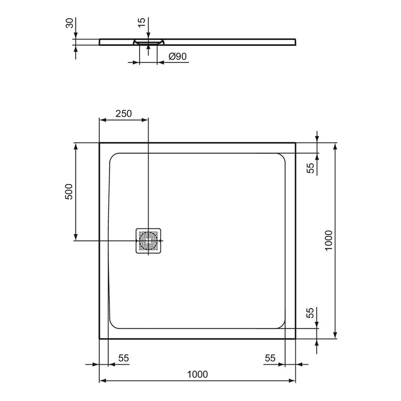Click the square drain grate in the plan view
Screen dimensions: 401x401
[x=149, y=241]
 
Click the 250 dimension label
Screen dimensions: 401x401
[x=124, y=113]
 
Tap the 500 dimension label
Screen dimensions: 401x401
[x=69, y=191]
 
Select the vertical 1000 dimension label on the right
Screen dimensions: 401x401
[x=329, y=240]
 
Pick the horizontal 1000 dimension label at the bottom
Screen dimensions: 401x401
[x=197, y=374]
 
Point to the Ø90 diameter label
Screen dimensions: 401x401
[x=178, y=57]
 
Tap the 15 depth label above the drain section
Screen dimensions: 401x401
[x=141, y=24]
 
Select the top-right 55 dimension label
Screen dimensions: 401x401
[x=310, y=168]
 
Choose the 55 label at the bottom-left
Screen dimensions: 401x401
[x=123, y=358]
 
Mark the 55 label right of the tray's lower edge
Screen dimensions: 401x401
[x=310, y=313]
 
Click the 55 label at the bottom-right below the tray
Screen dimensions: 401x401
[x=270, y=358]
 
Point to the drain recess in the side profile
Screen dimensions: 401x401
[x=149, y=42]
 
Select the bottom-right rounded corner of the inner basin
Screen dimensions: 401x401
[x=281, y=323]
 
